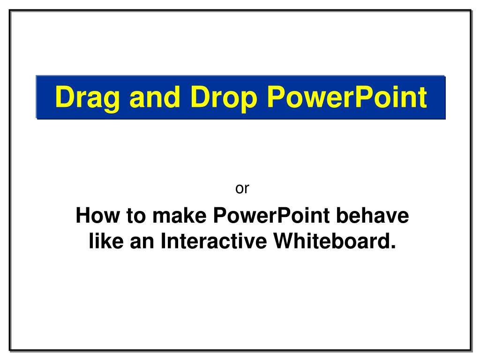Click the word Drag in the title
[87, 98]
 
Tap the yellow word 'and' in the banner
[155, 96]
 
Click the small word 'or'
[242, 188]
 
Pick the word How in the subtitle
[97, 215]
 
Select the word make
[180, 215]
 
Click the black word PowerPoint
[271, 215]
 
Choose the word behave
[373, 215]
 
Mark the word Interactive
[214, 240]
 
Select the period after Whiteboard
[393, 247]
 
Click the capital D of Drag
[65, 97]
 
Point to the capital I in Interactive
[163, 240]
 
